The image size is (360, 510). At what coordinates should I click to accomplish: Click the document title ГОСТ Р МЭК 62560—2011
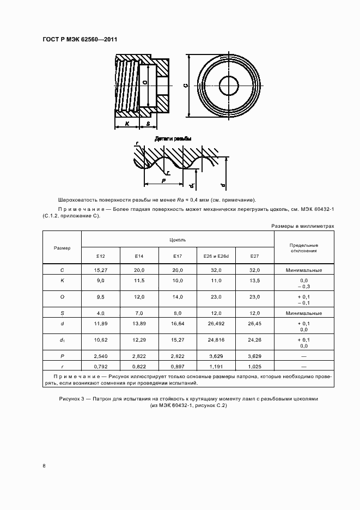pyautogui.click(x=80, y=39)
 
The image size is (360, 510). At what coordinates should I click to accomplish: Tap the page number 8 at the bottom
pyautogui.click(x=44, y=465)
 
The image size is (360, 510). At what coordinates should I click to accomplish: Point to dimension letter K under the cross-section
pyautogui.click(x=126, y=124)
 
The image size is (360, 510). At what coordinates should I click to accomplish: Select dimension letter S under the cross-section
pyautogui.click(x=148, y=124)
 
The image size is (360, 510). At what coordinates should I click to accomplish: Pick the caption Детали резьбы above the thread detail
pyautogui.click(x=173, y=139)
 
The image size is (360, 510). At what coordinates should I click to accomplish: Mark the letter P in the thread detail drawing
pyautogui.click(x=163, y=178)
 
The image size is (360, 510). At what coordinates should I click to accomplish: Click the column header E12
pyautogui.click(x=100, y=256)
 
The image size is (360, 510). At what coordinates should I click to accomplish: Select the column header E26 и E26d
pyautogui.click(x=216, y=256)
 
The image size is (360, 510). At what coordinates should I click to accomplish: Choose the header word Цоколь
pyautogui.click(x=178, y=239)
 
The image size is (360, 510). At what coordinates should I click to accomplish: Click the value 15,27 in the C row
pyautogui.click(x=100, y=270)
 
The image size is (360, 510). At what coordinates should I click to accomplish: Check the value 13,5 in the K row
pyautogui.click(x=254, y=280)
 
